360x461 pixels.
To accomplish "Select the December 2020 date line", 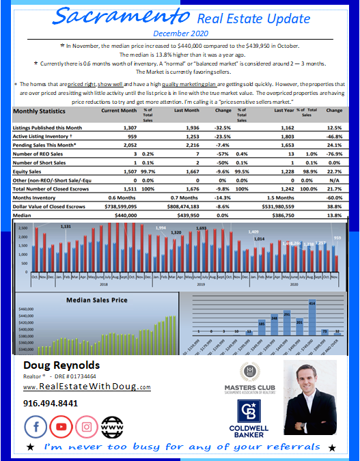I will pos(180,32).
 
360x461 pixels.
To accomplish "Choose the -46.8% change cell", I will pos(334,136).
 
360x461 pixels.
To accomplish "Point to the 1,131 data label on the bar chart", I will pos(65,226).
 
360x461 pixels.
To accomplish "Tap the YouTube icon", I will pos(61,427).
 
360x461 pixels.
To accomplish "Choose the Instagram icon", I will pos(87,427).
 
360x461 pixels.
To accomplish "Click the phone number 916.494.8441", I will pos(51,403).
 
